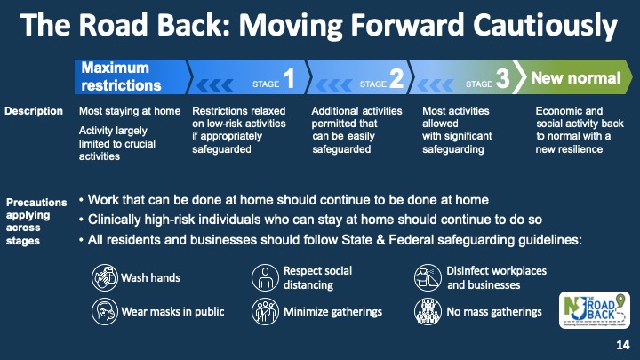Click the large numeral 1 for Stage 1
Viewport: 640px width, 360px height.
[x=289, y=77]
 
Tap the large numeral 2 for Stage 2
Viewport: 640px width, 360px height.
[x=396, y=77]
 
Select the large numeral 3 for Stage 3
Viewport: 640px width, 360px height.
[x=503, y=77]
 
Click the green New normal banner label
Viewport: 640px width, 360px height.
[x=576, y=77]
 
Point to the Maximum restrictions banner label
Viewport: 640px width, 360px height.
[x=121, y=76]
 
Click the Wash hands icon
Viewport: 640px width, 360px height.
[x=105, y=277]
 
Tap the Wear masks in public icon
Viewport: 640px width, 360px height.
[x=105, y=311]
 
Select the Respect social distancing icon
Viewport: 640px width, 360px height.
[x=265, y=277]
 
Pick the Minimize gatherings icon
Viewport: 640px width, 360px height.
[x=265, y=311]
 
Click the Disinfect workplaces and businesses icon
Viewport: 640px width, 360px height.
[x=428, y=277]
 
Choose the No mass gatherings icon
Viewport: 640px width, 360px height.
[x=428, y=311]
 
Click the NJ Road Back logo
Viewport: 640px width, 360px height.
[x=595, y=310]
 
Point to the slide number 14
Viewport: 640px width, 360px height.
[x=623, y=345]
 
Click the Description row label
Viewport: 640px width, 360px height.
[x=34, y=111]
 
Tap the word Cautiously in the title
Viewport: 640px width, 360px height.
[x=545, y=25]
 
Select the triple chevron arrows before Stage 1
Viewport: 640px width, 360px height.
[x=215, y=85]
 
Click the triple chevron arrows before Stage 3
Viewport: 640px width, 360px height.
[x=435, y=85]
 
